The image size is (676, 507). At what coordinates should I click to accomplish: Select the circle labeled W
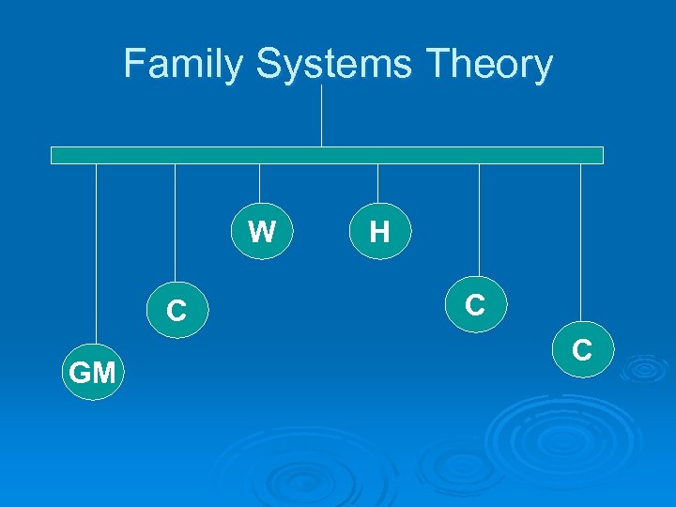(262, 231)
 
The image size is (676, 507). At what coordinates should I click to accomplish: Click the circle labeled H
(379, 231)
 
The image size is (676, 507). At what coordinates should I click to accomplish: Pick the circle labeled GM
(92, 373)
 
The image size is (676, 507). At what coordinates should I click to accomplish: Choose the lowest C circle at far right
(581, 350)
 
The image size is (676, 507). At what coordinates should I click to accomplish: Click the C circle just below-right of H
(476, 304)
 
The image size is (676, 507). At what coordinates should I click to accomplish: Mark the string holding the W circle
(260, 183)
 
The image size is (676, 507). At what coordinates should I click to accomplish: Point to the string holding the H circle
(377, 183)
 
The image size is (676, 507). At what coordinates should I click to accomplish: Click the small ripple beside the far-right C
(643, 367)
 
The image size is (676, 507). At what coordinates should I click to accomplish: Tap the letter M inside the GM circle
(103, 374)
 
